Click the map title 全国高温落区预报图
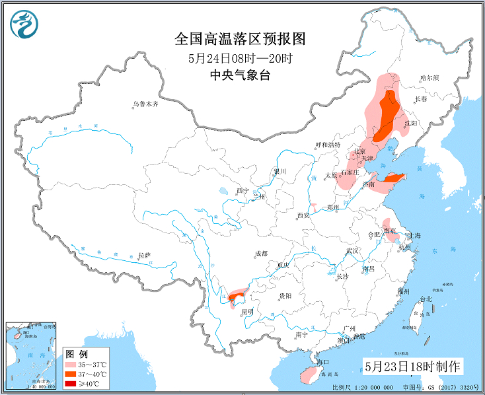point(240,39)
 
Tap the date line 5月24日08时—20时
point(240,58)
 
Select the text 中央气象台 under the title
point(240,75)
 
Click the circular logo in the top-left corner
point(24,24)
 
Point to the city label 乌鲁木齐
point(145,104)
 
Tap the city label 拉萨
point(145,255)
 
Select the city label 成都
point(260,253)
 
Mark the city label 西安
point(303,215)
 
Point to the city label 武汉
point(352,251)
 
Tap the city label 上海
point(415,235)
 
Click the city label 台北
point(426,299)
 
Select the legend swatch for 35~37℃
point(71,365)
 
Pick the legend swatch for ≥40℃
point(71,383)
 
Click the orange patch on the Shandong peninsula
point(394,178)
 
